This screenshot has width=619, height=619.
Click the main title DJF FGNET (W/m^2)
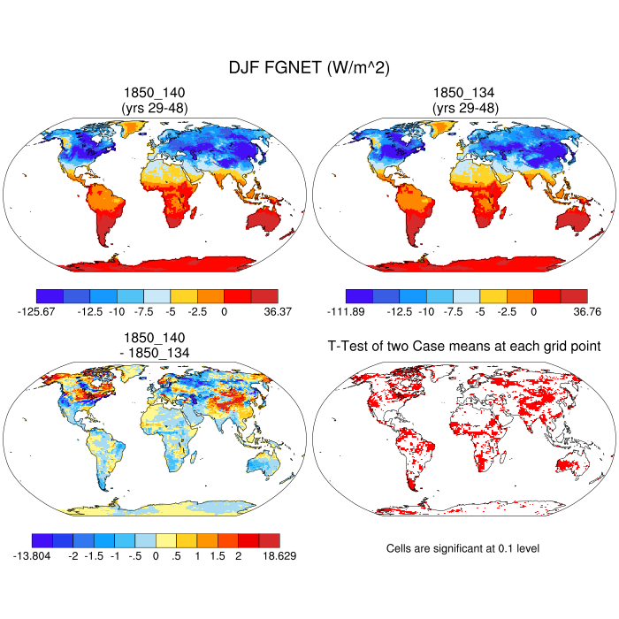click(309, 67)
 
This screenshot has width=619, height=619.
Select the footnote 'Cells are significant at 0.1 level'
click(462, 548)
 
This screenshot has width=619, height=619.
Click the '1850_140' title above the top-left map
click(154, 93)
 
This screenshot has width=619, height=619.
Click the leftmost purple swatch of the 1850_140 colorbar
click(50, 295)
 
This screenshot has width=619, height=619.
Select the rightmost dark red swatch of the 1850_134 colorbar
click(574, 295)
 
